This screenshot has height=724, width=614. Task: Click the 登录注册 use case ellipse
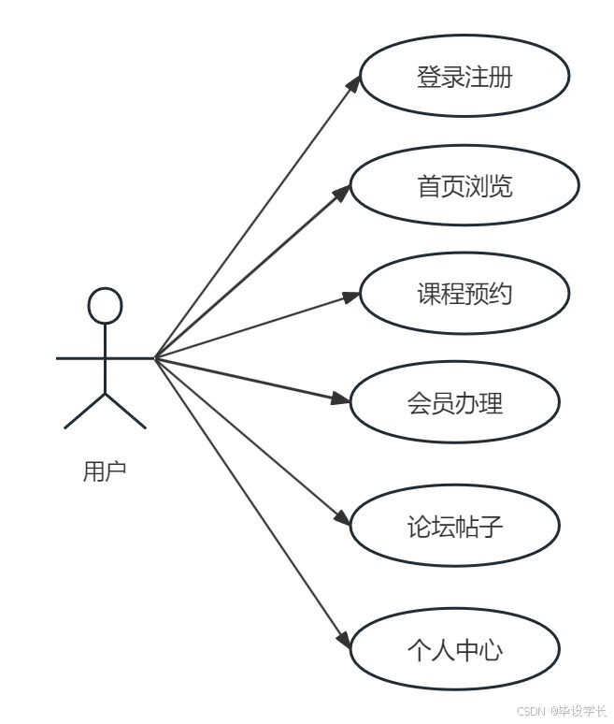tap(464, 77)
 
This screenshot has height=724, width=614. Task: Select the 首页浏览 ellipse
tap(464, 186)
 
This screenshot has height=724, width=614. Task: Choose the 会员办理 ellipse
tap(454, 403)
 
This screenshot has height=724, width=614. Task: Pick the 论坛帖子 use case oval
tap(454, 527)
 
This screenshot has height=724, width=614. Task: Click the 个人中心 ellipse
tap(454, 649)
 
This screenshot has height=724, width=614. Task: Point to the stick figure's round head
tap(105, 306)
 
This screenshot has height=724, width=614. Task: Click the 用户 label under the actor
tap(104, 471)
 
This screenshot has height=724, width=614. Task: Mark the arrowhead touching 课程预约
tap(350, 297)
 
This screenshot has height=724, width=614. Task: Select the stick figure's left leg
tap(84, 412)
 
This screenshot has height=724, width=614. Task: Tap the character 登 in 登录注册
tap(428, 77)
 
